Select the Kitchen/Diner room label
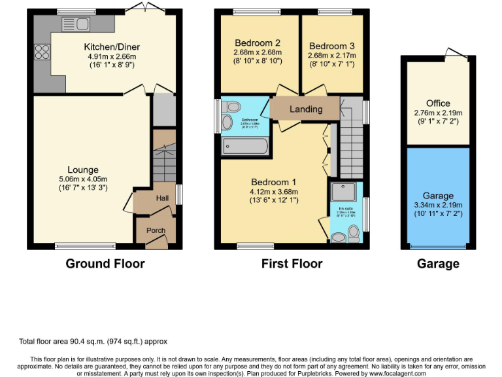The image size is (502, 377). pos(112,46)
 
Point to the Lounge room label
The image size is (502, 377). pos(82,170)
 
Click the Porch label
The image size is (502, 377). pos(156,230)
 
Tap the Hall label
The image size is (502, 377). pos(162,198)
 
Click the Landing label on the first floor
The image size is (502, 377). pos(306,109)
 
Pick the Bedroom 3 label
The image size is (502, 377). pos(332,46)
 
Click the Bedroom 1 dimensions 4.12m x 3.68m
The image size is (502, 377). pos(275,191)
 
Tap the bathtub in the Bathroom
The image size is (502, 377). pos(245,146)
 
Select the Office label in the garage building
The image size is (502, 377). pos(437,103)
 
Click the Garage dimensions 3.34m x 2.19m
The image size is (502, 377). pos(437,206)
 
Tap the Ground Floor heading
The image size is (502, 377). pos(105,264)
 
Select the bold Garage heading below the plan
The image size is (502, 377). pos(437,264)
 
